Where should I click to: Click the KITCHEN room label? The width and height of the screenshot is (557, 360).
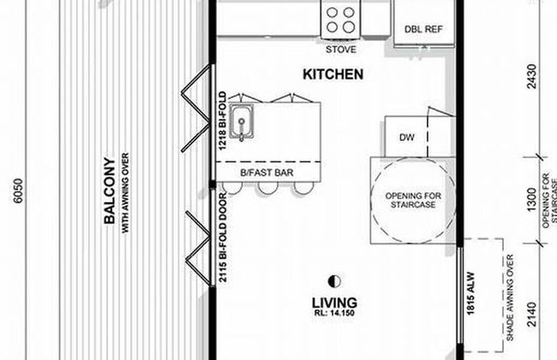(x=333, y=75)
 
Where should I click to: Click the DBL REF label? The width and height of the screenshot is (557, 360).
(x=423, y=29)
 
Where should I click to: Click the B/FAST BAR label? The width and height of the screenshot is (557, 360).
(x=267, y=173)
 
